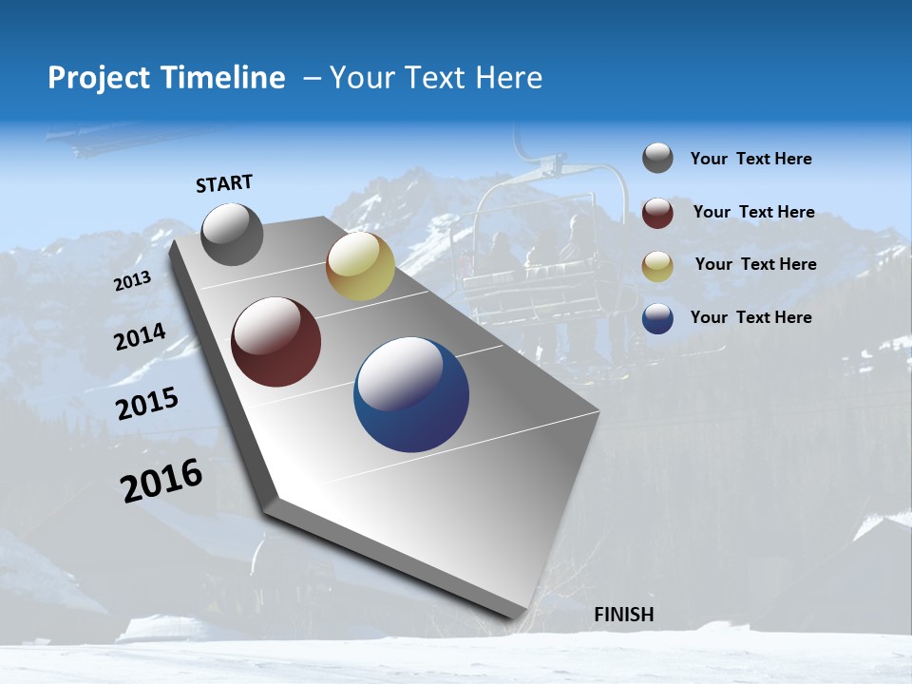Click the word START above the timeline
(224, 183)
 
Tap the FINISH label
(624, 615)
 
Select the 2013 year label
(133, 281)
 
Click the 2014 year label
(141, 337)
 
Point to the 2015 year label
(147, 403)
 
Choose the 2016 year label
(161, 480)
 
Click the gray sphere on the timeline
(233, 235)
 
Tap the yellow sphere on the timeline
(360, 266)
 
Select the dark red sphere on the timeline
(276, 342)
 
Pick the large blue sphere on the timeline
(411, 394)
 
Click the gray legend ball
(657, 159)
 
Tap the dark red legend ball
(657, 213)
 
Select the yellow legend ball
(657, 266)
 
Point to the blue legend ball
(657, 318)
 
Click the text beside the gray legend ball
(750, 159)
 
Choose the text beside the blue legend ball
(750, 317)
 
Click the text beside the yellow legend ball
(755, 264)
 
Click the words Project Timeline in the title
(166, 78)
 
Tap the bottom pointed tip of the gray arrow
(518, 619)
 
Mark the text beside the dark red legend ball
(753, 212)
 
